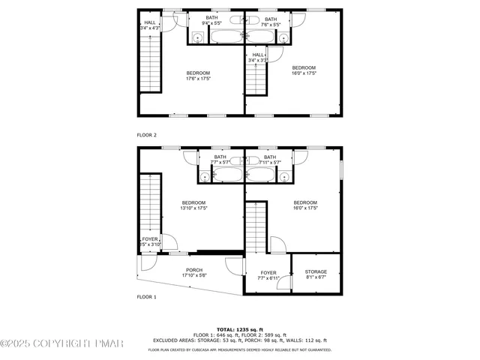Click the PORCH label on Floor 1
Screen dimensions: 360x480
coord(193,269)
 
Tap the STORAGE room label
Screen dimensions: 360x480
coord(315,271)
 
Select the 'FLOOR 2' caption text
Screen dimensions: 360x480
coord(146,135)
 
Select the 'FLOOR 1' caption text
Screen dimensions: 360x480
coord(146,298)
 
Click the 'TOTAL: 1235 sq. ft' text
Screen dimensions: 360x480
coord(239,329)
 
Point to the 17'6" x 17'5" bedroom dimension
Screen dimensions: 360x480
coord(198,78)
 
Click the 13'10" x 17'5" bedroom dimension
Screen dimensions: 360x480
coord(193,208)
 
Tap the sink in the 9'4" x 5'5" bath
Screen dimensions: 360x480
coord(198,37)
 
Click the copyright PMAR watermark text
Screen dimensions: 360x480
coord(64,343)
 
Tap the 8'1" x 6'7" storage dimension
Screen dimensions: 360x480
coord(315,277)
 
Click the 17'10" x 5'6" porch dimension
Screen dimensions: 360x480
coord(193,275)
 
